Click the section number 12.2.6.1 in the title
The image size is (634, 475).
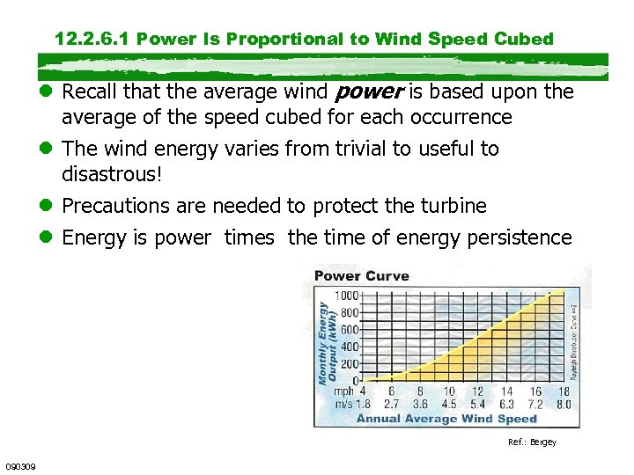(92, 39)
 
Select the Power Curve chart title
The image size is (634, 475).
(362, 276)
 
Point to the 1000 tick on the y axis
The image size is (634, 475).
(346, 296)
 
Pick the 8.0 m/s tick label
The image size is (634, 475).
(564, 405)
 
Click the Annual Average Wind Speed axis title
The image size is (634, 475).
(446, 419)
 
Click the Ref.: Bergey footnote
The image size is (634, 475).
(532, 442)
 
